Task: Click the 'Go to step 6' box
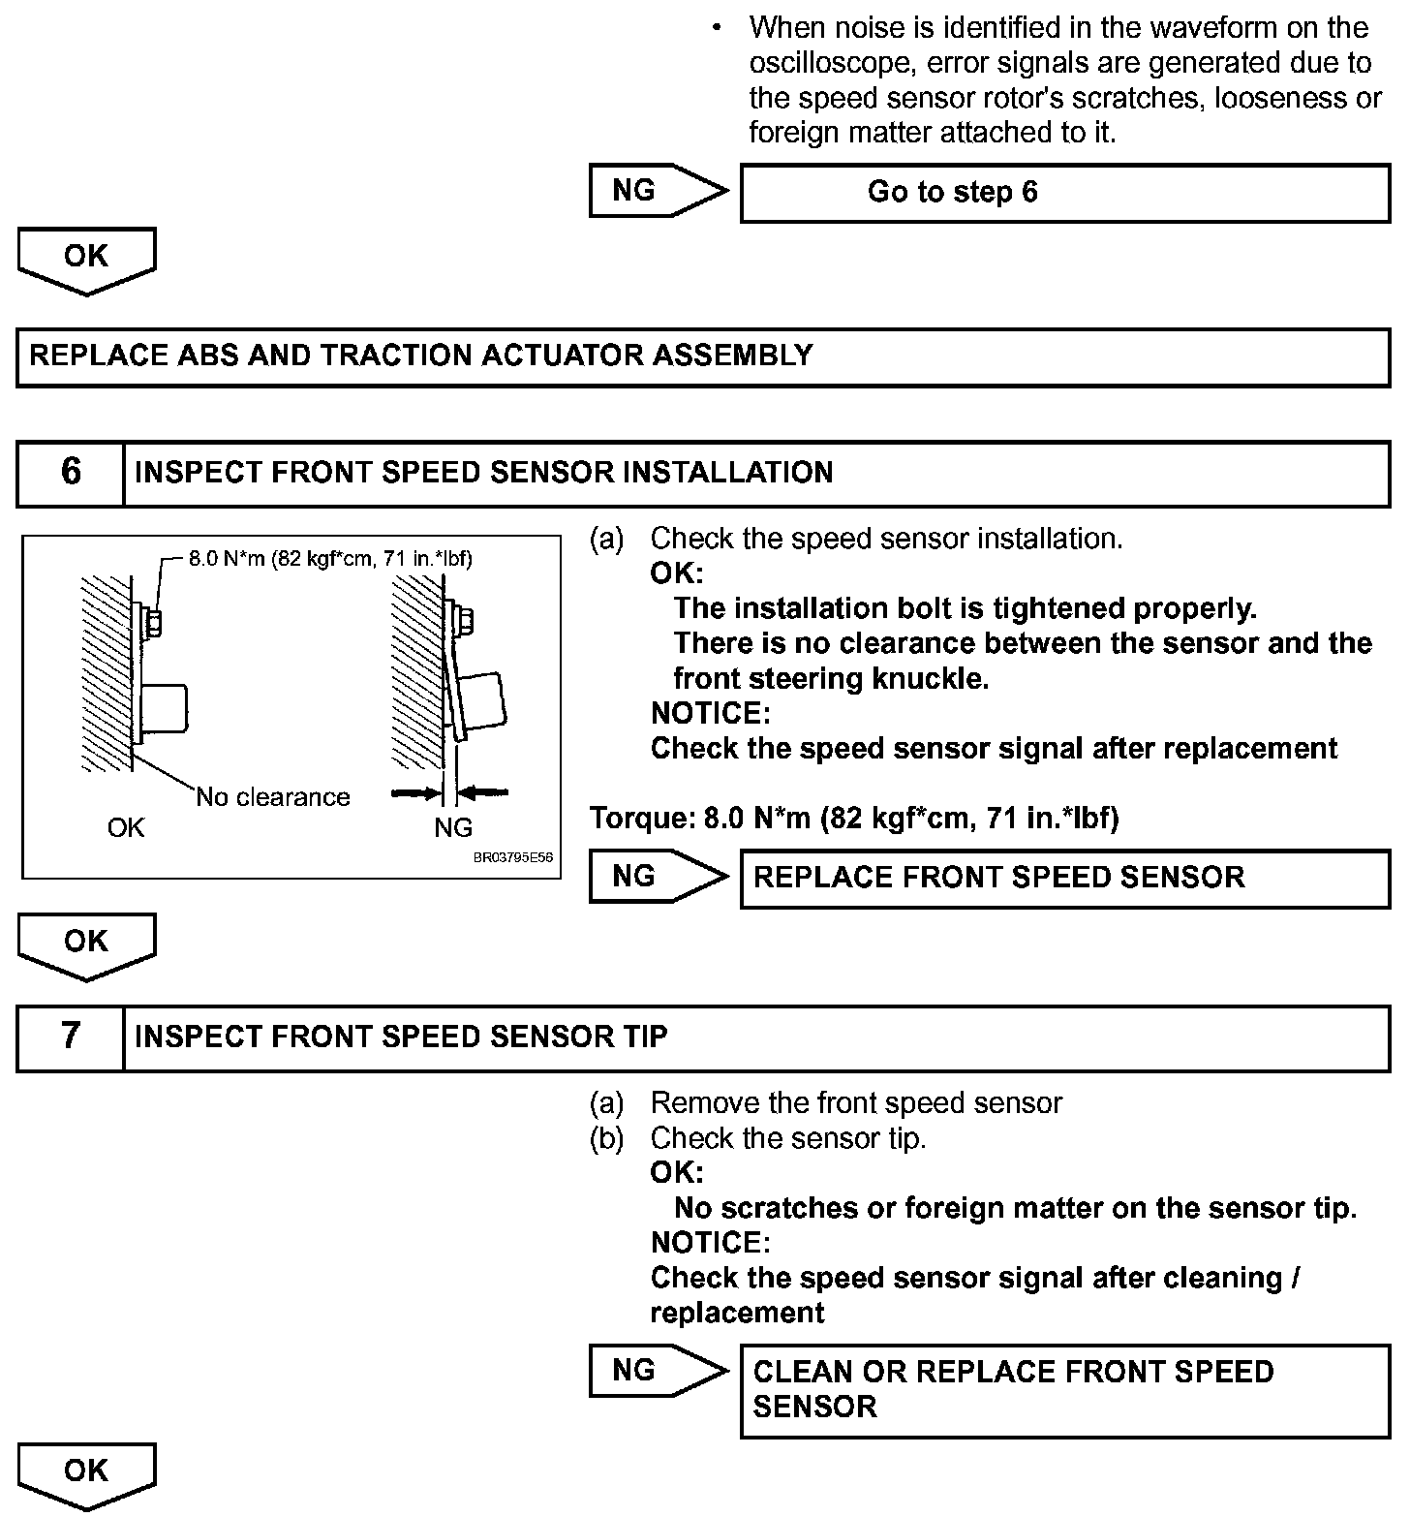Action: [x=1064, y=193]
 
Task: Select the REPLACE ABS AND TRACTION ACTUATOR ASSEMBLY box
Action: [x=702, y=356]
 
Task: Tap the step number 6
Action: [x=71, y=473]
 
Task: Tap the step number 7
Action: [x=71, y=1037]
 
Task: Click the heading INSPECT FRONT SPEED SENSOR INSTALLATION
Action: [x=483, y=473]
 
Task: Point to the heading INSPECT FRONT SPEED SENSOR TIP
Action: [x=401, y=1037]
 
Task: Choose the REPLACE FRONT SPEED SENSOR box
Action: [x=1064, y=878]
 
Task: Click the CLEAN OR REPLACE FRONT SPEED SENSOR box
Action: [x=1064, y=1389]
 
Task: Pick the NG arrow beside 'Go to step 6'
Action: [x=657, y=191]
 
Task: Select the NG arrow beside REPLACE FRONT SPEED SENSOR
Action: [x=657, y=877]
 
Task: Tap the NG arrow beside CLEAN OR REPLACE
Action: [x=657, y=1371]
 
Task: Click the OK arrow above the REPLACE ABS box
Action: [x=85, y=259]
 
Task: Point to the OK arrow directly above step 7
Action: [x=85, y=944]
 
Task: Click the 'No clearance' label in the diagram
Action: [x=273, y=797]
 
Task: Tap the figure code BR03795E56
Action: [x=512, y=858]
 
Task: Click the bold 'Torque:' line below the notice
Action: [x=854, y=819]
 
